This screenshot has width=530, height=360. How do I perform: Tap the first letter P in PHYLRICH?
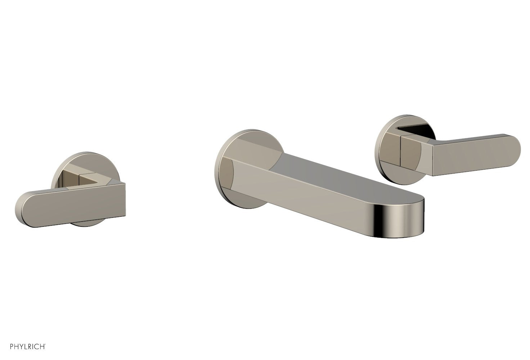[3, 347]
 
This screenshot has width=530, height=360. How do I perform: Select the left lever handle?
[72, 200]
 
